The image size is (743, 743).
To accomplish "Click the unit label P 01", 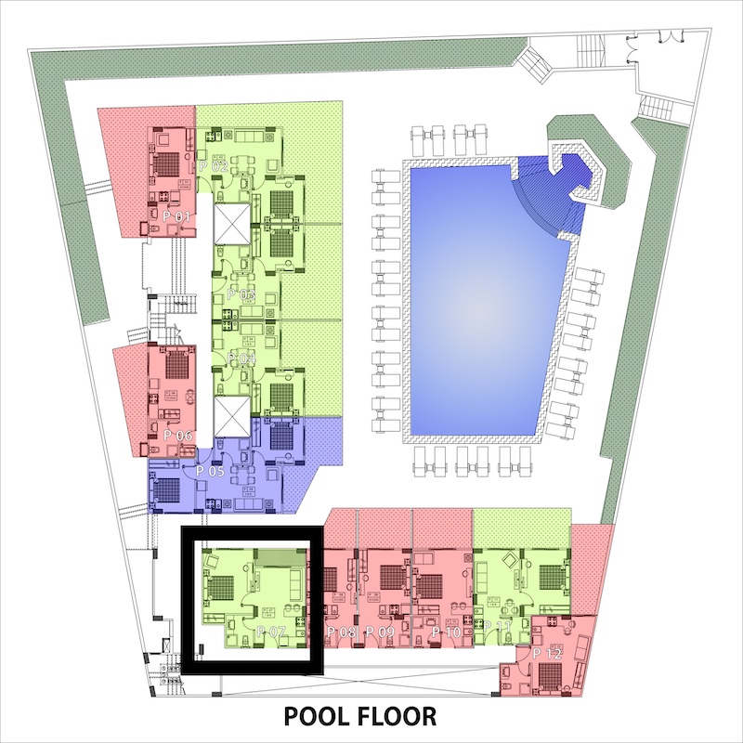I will click(x=176, y=216).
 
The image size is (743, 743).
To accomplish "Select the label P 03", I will click(x=243, y=294).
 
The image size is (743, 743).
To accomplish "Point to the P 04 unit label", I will click(x=241, y=358).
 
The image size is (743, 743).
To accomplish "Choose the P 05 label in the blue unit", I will click(x=211, y=472).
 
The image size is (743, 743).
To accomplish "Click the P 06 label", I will click(x=176, y=436).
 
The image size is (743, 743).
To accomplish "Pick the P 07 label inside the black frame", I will click(x=271, y=632).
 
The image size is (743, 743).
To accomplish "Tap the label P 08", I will click(x=342, y=632).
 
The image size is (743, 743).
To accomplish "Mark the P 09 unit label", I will click(x=380, y=632).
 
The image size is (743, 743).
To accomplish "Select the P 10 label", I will click(x=447, y=632).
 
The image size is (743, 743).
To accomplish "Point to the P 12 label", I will click(x=547, y=655).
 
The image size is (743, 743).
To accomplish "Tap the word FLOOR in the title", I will click(x=402, y=716).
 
